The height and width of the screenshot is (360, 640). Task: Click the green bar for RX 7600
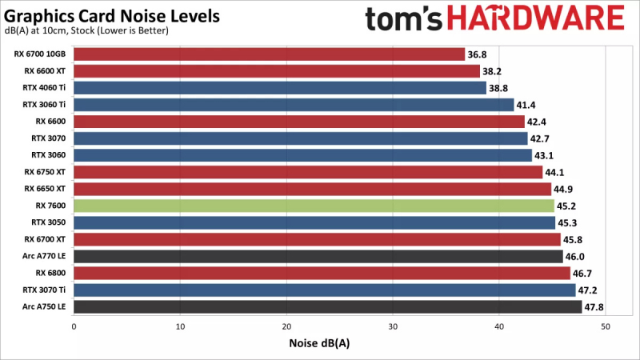[314, 206]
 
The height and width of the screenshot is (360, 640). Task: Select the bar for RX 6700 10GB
[269, 54]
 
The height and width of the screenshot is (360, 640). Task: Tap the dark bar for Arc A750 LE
[327, 306]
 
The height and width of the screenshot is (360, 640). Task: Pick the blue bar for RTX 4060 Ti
[280, 88]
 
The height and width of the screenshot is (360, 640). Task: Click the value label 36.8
[478, 54]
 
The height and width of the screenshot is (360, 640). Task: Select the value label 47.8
[594, 306]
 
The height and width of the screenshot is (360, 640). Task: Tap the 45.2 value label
[567, 206]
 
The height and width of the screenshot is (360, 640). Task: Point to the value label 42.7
[541, 138]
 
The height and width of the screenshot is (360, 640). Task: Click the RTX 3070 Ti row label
[44, 290]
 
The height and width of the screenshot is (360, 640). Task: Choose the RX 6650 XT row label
[45, 189]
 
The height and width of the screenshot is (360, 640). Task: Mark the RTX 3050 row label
[49, 222]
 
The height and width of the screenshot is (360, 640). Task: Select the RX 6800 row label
[50, 273]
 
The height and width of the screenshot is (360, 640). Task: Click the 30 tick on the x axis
[393, 326]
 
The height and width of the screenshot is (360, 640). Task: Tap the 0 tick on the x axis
[74, 326]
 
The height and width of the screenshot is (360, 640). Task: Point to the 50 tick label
[606, 326]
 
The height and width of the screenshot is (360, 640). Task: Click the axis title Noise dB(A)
[319, 343]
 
